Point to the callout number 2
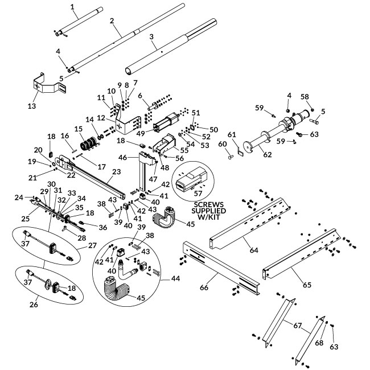coord(112,20)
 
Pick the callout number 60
coord(223,145)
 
